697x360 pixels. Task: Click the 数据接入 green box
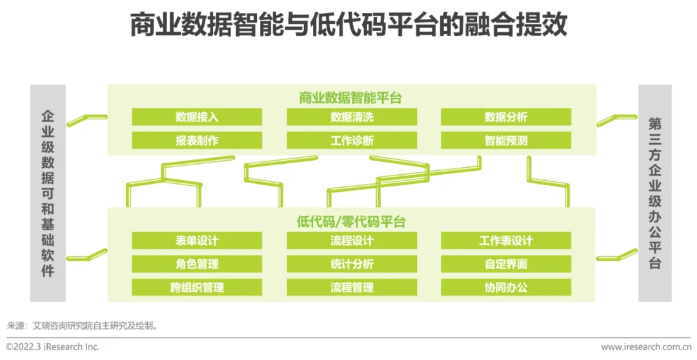[197, 117]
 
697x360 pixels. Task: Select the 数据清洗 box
[352, 117]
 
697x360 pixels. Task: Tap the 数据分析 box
[506, 117]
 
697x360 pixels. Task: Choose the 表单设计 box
[197, 241]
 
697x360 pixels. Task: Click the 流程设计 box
[352, 241]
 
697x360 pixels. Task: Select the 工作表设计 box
[506, 241]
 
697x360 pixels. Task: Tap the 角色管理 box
[197, 264]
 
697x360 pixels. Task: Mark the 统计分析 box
[352, 264]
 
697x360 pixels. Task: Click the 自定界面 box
[506, 264]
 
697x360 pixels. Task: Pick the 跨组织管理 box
[197, 287]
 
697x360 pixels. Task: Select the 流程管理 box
[352, 287]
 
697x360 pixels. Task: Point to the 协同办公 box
[506, 287]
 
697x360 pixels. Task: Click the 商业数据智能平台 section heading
[350, 98]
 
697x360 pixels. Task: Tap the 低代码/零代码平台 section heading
[350, 222]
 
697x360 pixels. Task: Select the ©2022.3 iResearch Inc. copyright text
[53, 347]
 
